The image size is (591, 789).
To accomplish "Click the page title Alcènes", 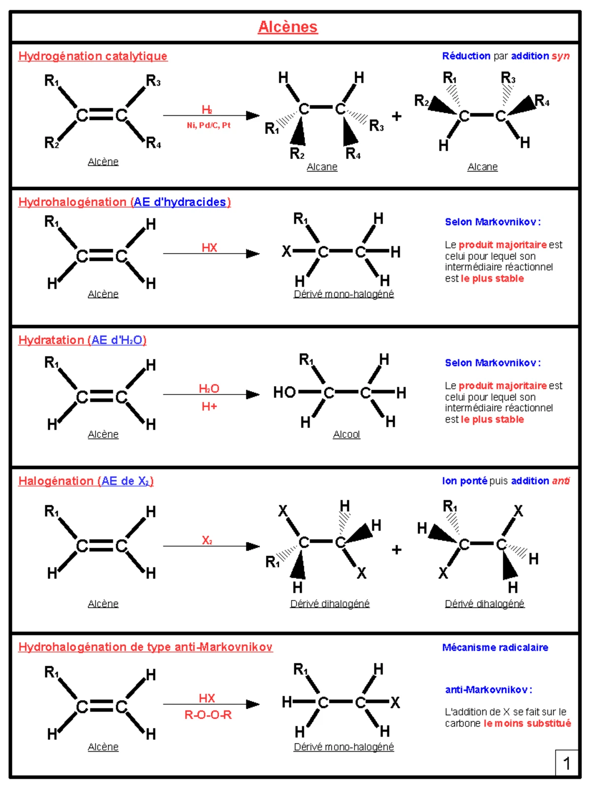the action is (288, 27).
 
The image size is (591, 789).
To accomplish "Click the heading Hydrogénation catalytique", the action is (93, 56).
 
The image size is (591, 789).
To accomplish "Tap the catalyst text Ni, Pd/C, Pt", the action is (208, 125).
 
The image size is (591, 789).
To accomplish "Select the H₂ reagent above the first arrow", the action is (207, 109).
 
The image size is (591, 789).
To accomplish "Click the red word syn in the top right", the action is (561, 56).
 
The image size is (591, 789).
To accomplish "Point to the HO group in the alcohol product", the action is (284, 392).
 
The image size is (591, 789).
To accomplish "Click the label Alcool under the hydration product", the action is (346, 434).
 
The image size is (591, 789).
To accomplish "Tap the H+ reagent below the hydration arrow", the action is (209, 406).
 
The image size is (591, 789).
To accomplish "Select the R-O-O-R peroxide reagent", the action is (208, 715).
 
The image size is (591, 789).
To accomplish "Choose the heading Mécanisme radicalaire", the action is (495, 647).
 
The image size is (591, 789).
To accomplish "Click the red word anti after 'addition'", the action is (561, 481).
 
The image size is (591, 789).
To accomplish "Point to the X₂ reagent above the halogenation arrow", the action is (207, 540).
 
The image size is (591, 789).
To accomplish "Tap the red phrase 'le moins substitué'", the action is (527, 723).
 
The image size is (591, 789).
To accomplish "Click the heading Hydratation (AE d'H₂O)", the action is (82, 340).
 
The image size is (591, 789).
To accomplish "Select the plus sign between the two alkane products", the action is (396, 116).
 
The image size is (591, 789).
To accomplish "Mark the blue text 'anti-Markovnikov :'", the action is (489, 690).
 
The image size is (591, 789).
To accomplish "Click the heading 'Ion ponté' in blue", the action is (464, 481).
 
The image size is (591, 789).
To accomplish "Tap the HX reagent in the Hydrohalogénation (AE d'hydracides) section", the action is (209, 248).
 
